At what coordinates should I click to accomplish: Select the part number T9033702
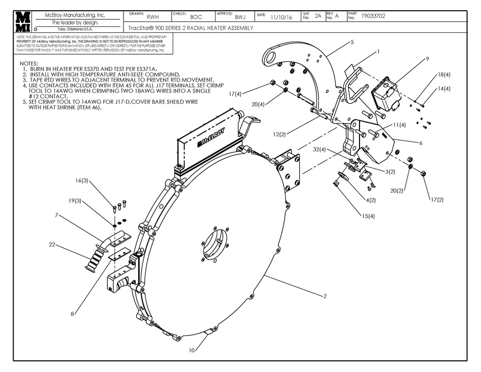click(373, 16)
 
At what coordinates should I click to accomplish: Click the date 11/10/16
click(281, 17)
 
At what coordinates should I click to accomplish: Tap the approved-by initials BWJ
click(240, 17)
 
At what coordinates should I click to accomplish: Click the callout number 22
click(52, 246)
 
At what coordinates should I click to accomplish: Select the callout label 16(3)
click(82, 180)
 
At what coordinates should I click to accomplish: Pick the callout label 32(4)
click(320, 150)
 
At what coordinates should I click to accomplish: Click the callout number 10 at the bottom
click(191, 350)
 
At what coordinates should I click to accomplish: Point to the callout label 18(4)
click(444, 75)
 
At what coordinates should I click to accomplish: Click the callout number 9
click(427, 59)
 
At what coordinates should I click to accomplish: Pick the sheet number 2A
click(317, 16)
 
